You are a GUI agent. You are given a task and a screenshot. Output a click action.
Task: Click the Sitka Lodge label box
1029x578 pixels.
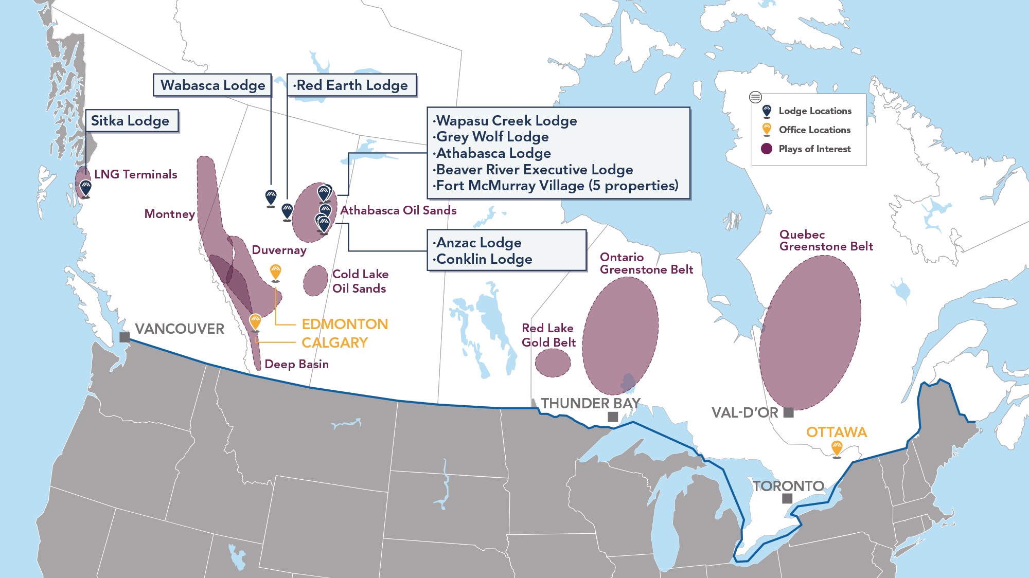point(131,121)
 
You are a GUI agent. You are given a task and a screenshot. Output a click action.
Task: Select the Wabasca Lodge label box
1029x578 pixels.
point(212,85)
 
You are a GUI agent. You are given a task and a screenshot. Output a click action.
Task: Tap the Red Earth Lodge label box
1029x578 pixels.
point(351,85)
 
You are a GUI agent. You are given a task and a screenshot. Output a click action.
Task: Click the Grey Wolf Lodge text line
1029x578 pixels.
point(492,137)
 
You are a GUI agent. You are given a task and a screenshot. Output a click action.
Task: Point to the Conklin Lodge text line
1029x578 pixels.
point(484,259)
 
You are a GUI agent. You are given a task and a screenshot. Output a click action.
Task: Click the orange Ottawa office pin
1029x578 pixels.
point(837,448)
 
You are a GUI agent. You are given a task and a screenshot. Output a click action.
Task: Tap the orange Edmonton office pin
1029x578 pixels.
point(276,272)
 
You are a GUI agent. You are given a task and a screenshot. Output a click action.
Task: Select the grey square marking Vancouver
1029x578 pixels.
point(125,337)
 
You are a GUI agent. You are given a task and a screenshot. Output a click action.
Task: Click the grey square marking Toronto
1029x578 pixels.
point(787,498)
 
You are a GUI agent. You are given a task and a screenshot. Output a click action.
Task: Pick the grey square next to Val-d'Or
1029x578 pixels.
point(788,412)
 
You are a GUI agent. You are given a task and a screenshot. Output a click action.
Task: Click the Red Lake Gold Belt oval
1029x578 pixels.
point(553,363)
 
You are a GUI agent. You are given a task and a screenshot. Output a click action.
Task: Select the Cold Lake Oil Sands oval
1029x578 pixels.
point(315,281)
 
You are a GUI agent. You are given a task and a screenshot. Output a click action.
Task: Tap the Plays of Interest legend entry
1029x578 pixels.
point(814,149)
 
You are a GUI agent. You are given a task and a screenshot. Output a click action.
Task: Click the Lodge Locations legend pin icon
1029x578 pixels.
point(767,111)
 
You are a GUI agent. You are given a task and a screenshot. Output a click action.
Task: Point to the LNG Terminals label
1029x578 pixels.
point(135,175)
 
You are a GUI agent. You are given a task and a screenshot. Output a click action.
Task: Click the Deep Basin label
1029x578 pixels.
point(296,365)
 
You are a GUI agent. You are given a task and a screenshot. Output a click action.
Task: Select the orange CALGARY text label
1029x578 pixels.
point(334,343)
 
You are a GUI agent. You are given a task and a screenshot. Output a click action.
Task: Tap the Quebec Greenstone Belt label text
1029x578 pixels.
point(825,241)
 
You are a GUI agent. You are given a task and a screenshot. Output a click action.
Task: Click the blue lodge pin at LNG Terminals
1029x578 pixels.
point(85,188)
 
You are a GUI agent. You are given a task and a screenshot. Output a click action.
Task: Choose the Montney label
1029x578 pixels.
point(169,214)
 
